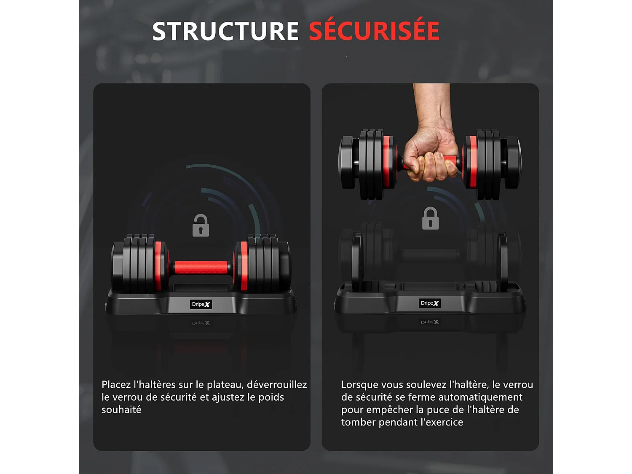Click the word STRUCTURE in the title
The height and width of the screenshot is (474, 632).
coord(225,32)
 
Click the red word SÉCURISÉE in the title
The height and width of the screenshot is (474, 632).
coord(374,32)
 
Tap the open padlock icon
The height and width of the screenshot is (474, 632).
coord(201,226)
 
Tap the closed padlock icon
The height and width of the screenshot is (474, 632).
coord(430,219)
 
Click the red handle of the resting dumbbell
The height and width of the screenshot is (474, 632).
coord(201,268)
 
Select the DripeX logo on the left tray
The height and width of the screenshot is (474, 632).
coord(201,304)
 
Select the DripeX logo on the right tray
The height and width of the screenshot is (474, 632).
coord(430,303)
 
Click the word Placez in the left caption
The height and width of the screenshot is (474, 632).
coord(116,385)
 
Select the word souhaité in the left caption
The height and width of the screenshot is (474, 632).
coord(121,410)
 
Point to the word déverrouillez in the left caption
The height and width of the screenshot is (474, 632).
coord(277,385)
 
